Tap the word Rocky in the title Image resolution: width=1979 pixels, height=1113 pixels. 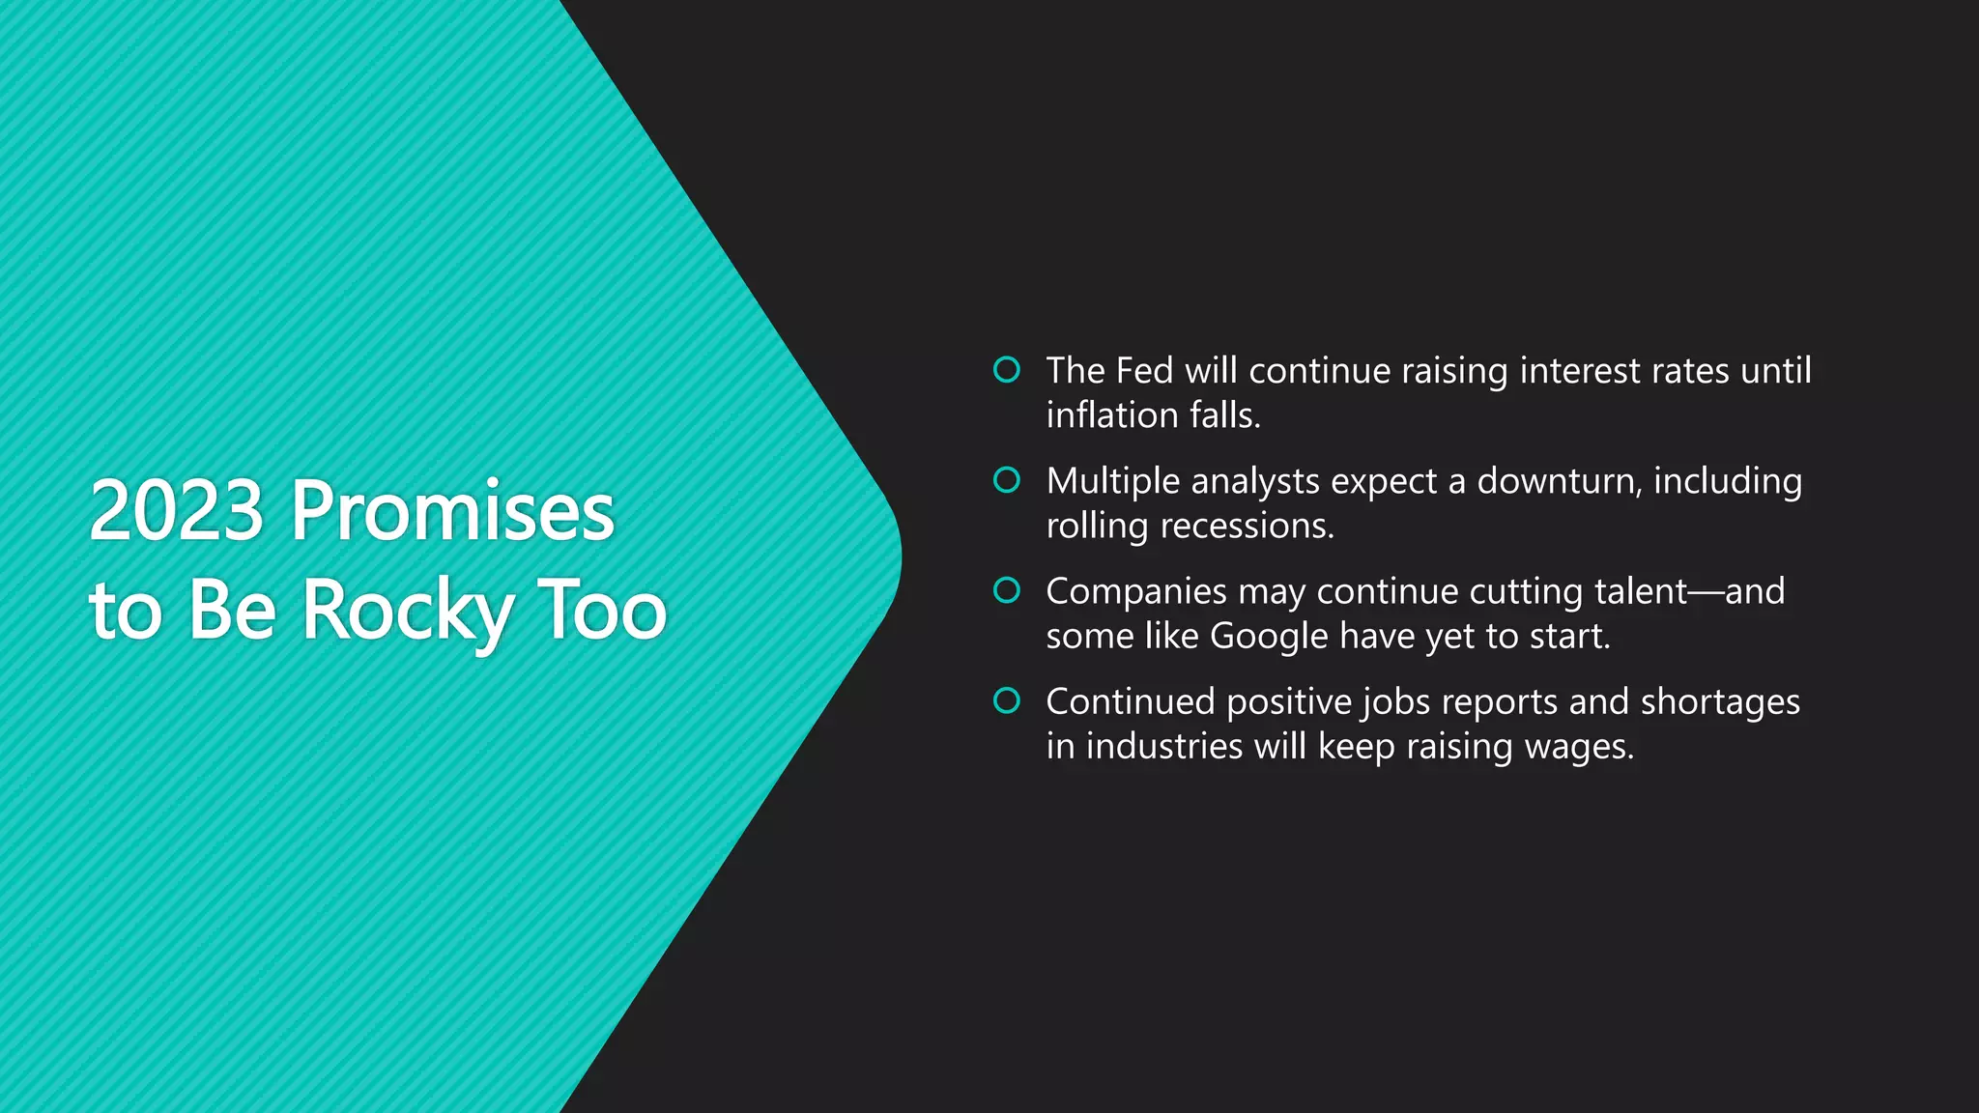tap(407, 611)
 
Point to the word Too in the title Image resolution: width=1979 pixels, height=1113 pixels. tap(601, 611)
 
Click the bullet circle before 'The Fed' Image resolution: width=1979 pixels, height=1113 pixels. tap(1007, 369)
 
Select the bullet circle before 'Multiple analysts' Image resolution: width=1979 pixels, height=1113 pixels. tap(1007, 479)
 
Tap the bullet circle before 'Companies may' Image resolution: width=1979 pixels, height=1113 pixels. tap(1007, 589)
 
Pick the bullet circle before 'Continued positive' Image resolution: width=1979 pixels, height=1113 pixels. tap(1007, 700)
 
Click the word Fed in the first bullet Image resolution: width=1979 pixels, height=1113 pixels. tap(1144, 371)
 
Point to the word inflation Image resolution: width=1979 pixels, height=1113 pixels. tap(1112, 415)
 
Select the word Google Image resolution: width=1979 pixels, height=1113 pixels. tap(1269, 637)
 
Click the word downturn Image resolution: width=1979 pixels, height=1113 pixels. tap(1559, 481)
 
